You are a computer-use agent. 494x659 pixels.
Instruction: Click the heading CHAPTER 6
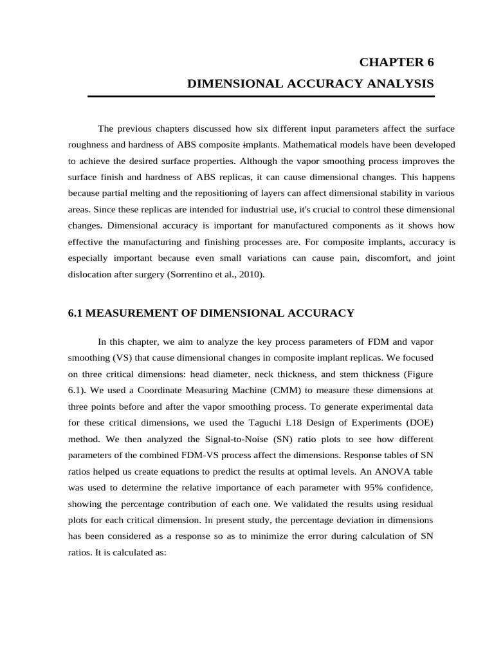396,62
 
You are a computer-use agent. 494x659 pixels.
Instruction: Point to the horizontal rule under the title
261,97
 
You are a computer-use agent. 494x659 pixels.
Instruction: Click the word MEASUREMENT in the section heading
134,313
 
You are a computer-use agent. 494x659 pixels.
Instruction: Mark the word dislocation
92,274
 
